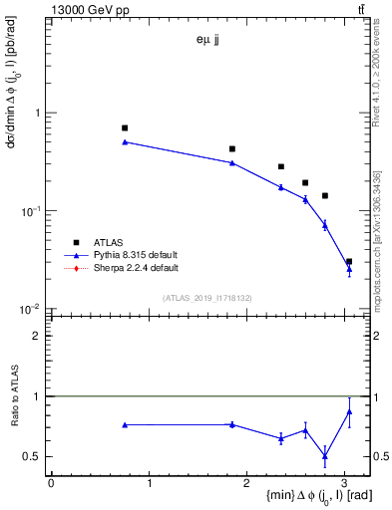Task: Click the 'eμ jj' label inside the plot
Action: (x=207, y=40)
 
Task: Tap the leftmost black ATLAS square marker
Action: (x=125, y=127)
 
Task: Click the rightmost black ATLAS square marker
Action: (x=349, y=261)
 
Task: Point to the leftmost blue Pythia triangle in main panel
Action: (x=125, y=141)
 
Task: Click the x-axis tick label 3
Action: (x=344, y=482)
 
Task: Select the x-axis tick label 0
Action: (x=51, y=482)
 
